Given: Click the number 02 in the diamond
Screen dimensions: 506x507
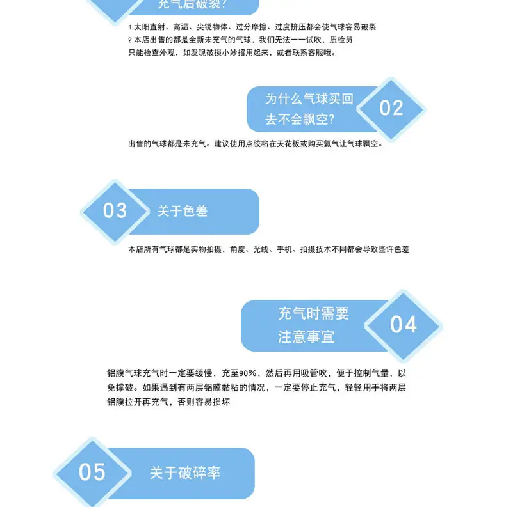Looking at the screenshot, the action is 391,108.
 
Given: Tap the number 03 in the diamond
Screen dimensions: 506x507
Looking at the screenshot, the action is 115,210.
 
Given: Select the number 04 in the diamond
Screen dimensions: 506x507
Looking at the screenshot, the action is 404,325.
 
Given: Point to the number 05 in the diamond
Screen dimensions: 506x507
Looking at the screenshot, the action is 92,472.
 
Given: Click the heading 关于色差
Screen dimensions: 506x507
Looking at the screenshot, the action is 183,211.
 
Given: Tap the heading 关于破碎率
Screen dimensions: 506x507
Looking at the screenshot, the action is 185,473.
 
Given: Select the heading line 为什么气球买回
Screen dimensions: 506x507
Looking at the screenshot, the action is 309,98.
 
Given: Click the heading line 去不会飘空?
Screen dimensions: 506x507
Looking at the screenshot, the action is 300,120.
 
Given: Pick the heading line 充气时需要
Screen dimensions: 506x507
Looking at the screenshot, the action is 314,314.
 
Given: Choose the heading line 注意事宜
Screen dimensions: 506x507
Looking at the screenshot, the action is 306,337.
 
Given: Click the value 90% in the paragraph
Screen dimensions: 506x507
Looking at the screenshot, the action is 248,373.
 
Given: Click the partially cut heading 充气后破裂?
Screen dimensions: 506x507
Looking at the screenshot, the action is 192,4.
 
